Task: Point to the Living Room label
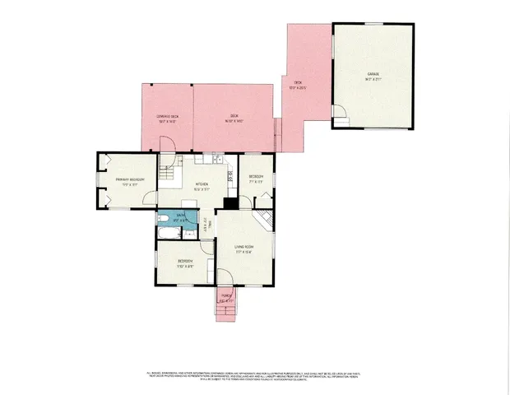coord(243,249)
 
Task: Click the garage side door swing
coord(340,116)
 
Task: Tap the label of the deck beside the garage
coord(298,85)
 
